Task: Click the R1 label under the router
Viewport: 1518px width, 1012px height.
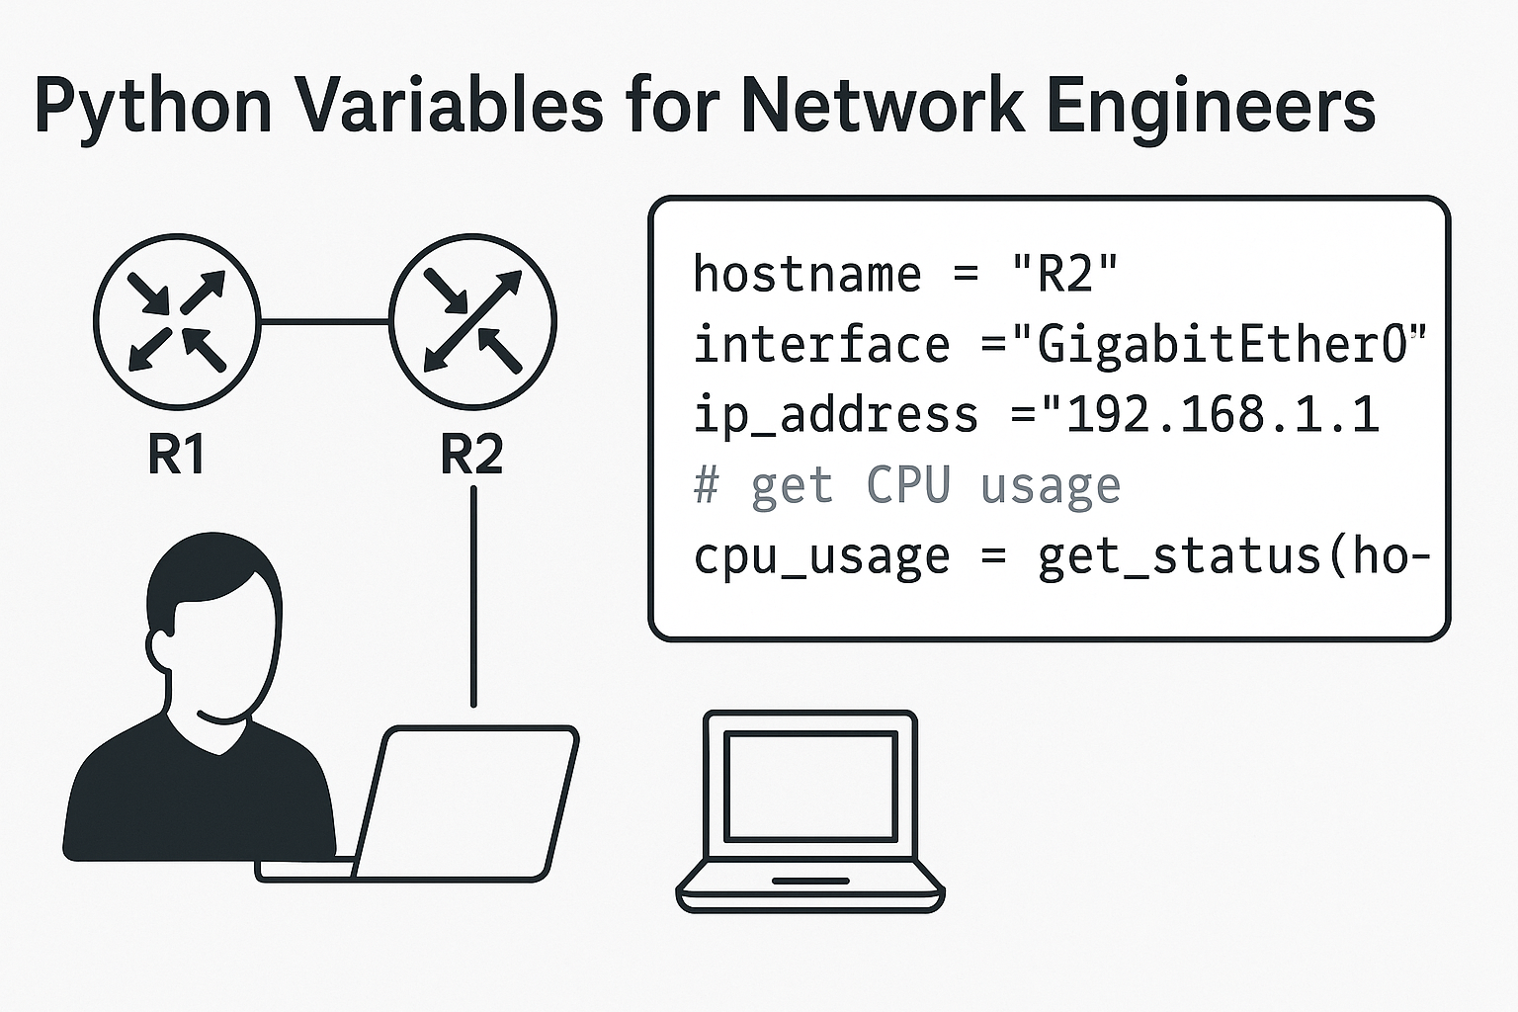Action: coord(176,455)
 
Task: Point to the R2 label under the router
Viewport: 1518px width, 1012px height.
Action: coord(472,455)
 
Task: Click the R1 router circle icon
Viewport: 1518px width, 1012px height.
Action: coord(177,321)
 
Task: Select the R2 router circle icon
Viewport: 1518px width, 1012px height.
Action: coord(472,321)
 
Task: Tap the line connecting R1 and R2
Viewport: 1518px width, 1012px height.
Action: coord(324,321)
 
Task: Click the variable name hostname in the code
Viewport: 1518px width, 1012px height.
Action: coord(806,274)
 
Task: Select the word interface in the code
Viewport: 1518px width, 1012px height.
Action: coord(821,345)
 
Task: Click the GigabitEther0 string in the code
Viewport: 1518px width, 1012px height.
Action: coord(1221,345)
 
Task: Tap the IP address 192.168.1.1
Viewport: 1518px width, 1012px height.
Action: coord(1221,415)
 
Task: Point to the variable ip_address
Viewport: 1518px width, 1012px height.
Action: coord(835,415)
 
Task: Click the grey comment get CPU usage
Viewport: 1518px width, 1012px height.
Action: coord(907,486)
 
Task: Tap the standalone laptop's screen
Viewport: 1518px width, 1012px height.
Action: coord(810,781)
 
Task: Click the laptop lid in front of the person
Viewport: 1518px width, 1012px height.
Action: coord(464,801)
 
